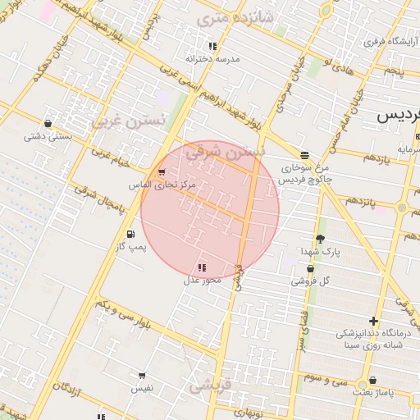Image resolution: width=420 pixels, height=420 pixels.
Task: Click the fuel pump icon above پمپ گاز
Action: [x=131, y=235]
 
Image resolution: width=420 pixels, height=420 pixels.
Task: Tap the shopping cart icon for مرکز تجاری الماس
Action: [x=162, y=172]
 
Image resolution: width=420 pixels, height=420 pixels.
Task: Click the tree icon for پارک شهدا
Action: [x=319, y=239]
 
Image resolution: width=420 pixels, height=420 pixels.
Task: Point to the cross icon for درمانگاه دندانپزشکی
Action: [x=374, y=321]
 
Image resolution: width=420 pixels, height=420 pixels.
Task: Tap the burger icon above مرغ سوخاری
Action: [x=304, y=154]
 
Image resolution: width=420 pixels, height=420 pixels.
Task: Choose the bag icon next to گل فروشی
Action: [x=298, y=281]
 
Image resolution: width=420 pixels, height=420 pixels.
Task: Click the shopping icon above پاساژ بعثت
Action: [x=373, y=381]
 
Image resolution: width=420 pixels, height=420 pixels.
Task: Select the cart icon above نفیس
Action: [x=142, y=376]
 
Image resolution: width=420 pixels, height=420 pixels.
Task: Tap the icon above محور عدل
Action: [x=202, y=267]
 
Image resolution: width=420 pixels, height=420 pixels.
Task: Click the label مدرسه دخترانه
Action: [x=212, y=59]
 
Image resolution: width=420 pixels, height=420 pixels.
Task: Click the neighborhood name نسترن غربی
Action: [x=128, y=120]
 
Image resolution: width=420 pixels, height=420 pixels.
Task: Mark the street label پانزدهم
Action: [x=360, y=200]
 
